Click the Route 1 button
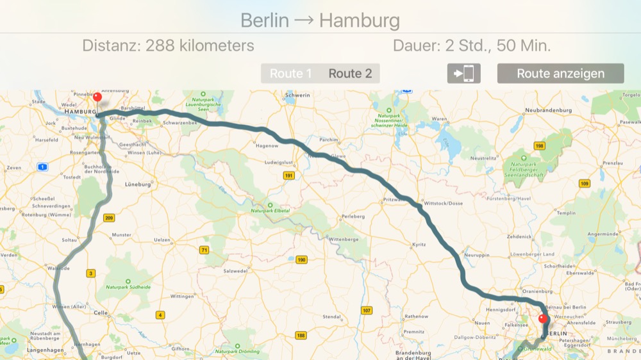point(290,74)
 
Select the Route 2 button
point(350,74)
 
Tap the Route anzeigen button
point(560,74)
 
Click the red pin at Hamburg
point(97,98)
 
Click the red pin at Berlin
point(543,318)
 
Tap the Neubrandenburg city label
point(548,110)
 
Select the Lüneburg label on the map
point(138,184)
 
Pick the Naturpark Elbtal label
point(271,211)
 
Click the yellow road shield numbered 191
point(289,175)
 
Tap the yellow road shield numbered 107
point(366,311)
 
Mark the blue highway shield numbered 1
point(42,167)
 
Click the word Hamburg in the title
point(359,20)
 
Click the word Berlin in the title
point(265,20)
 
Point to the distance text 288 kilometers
point(199,46)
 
